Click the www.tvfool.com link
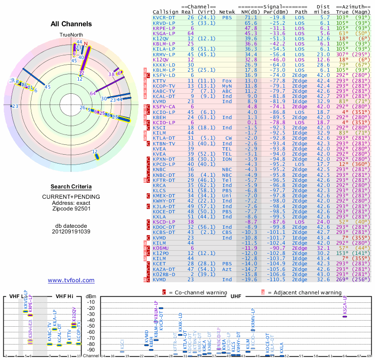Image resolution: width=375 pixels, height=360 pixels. tap(71, 280)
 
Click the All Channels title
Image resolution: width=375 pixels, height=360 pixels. tap(71, 23)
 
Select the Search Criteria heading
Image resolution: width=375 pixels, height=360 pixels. tap(71, 187)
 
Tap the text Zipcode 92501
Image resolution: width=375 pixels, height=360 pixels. tap(71, 209)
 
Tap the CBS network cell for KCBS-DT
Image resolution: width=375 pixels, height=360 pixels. tap(227, 232)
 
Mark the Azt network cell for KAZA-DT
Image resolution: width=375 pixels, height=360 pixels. tap(227, 269)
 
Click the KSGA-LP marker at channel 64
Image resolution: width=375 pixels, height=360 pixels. tap(345, 316)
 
